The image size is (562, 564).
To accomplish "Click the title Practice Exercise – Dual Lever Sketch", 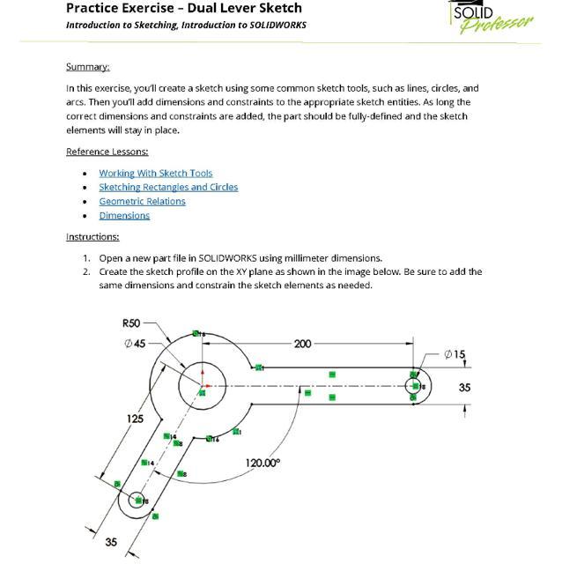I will [183, 8].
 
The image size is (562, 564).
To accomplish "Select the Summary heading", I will [87, 67].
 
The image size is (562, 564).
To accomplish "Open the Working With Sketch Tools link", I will [155, 174].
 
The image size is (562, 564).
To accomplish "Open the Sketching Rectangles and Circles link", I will [168, 187].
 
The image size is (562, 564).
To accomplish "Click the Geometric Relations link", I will [142, 201].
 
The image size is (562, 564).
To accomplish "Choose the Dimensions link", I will [124, 215].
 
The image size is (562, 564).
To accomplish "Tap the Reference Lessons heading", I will [107, 152].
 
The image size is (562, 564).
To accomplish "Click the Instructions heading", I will [92, 236].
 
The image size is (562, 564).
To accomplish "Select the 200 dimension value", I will [302, 344].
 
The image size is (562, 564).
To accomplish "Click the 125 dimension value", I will [134, 419].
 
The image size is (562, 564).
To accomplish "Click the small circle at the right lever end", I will [413, 385].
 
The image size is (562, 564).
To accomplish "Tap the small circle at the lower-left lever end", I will [137, 500].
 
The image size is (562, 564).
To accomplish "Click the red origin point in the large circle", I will [204, 385].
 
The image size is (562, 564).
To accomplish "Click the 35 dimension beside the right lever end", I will [464, 387].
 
